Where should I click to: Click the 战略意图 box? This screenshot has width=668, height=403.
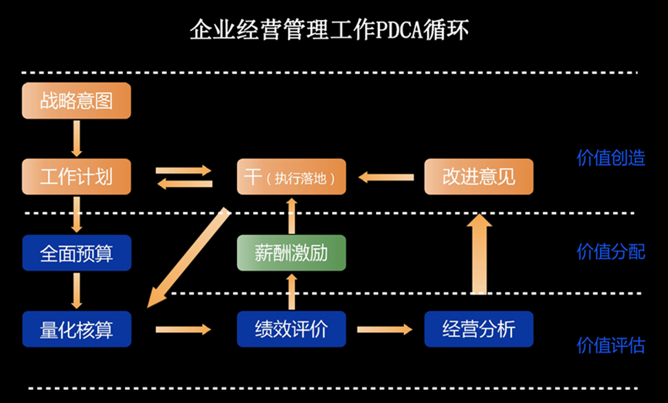(76, 101)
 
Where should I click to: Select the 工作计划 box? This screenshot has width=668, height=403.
(76, 176)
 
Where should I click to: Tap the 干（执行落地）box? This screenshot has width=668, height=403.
(291, 176)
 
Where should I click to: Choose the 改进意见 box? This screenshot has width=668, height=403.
(478, 176)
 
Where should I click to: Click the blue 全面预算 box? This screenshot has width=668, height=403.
(76, 253)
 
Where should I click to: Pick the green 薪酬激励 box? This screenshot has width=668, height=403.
(291, 253)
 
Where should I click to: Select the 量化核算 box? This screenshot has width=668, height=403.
(76, 329)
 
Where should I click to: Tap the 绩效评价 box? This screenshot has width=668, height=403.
(291, 329)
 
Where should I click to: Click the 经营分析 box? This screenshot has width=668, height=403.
(478, 329)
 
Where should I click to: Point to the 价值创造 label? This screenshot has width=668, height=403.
(610, 158)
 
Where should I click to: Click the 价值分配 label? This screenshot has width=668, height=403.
(610, 251)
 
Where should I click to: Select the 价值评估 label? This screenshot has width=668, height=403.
(610, 345)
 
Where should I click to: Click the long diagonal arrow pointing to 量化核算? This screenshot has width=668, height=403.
(190, 257)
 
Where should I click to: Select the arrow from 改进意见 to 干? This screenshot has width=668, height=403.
(387, 177)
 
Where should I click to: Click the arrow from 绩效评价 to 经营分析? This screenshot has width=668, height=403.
(384, 330)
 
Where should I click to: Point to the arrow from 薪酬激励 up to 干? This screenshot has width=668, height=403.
(291, 215)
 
